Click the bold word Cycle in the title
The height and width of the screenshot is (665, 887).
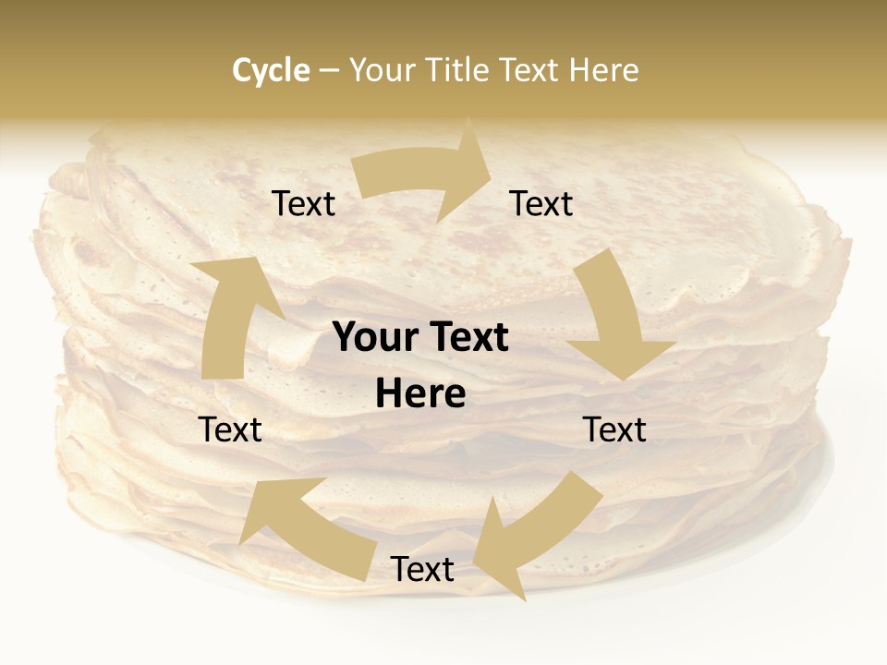271,70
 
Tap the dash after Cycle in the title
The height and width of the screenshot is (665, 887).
329,70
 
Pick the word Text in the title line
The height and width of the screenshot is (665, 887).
529,70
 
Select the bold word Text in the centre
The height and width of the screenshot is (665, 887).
466,338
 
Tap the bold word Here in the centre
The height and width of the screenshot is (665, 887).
420,394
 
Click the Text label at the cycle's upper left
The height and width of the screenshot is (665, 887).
303,204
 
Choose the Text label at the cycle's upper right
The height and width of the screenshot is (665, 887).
541,204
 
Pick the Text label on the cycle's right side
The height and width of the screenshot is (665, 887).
614,429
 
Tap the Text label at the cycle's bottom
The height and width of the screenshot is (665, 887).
422,569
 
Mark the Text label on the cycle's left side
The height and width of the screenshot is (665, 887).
230,429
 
